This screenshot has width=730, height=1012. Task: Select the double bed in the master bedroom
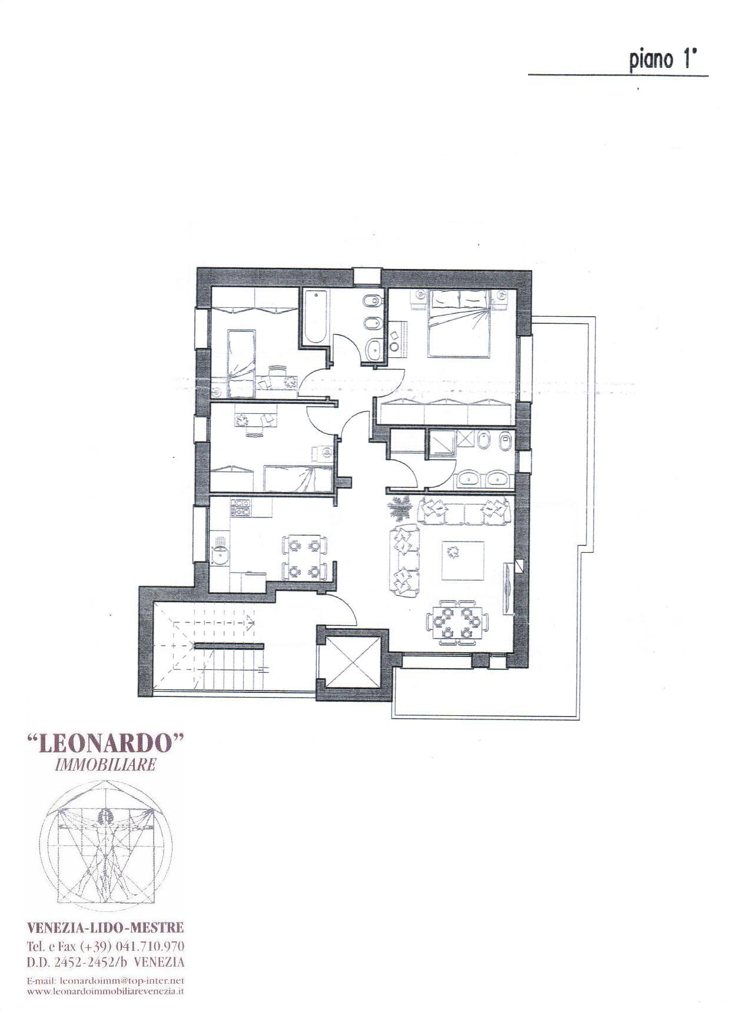(x=459, y=323)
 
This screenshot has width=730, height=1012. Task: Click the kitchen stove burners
(x=241, y=507)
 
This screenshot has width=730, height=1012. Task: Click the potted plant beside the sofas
(x=400, y=507)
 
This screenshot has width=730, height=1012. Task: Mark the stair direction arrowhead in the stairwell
(x=251, y=619)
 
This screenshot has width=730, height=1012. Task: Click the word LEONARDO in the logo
(x=107, y=744)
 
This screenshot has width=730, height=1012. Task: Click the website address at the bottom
(x=106, y=991)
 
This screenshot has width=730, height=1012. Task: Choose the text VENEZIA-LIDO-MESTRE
(x=106, y=928)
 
